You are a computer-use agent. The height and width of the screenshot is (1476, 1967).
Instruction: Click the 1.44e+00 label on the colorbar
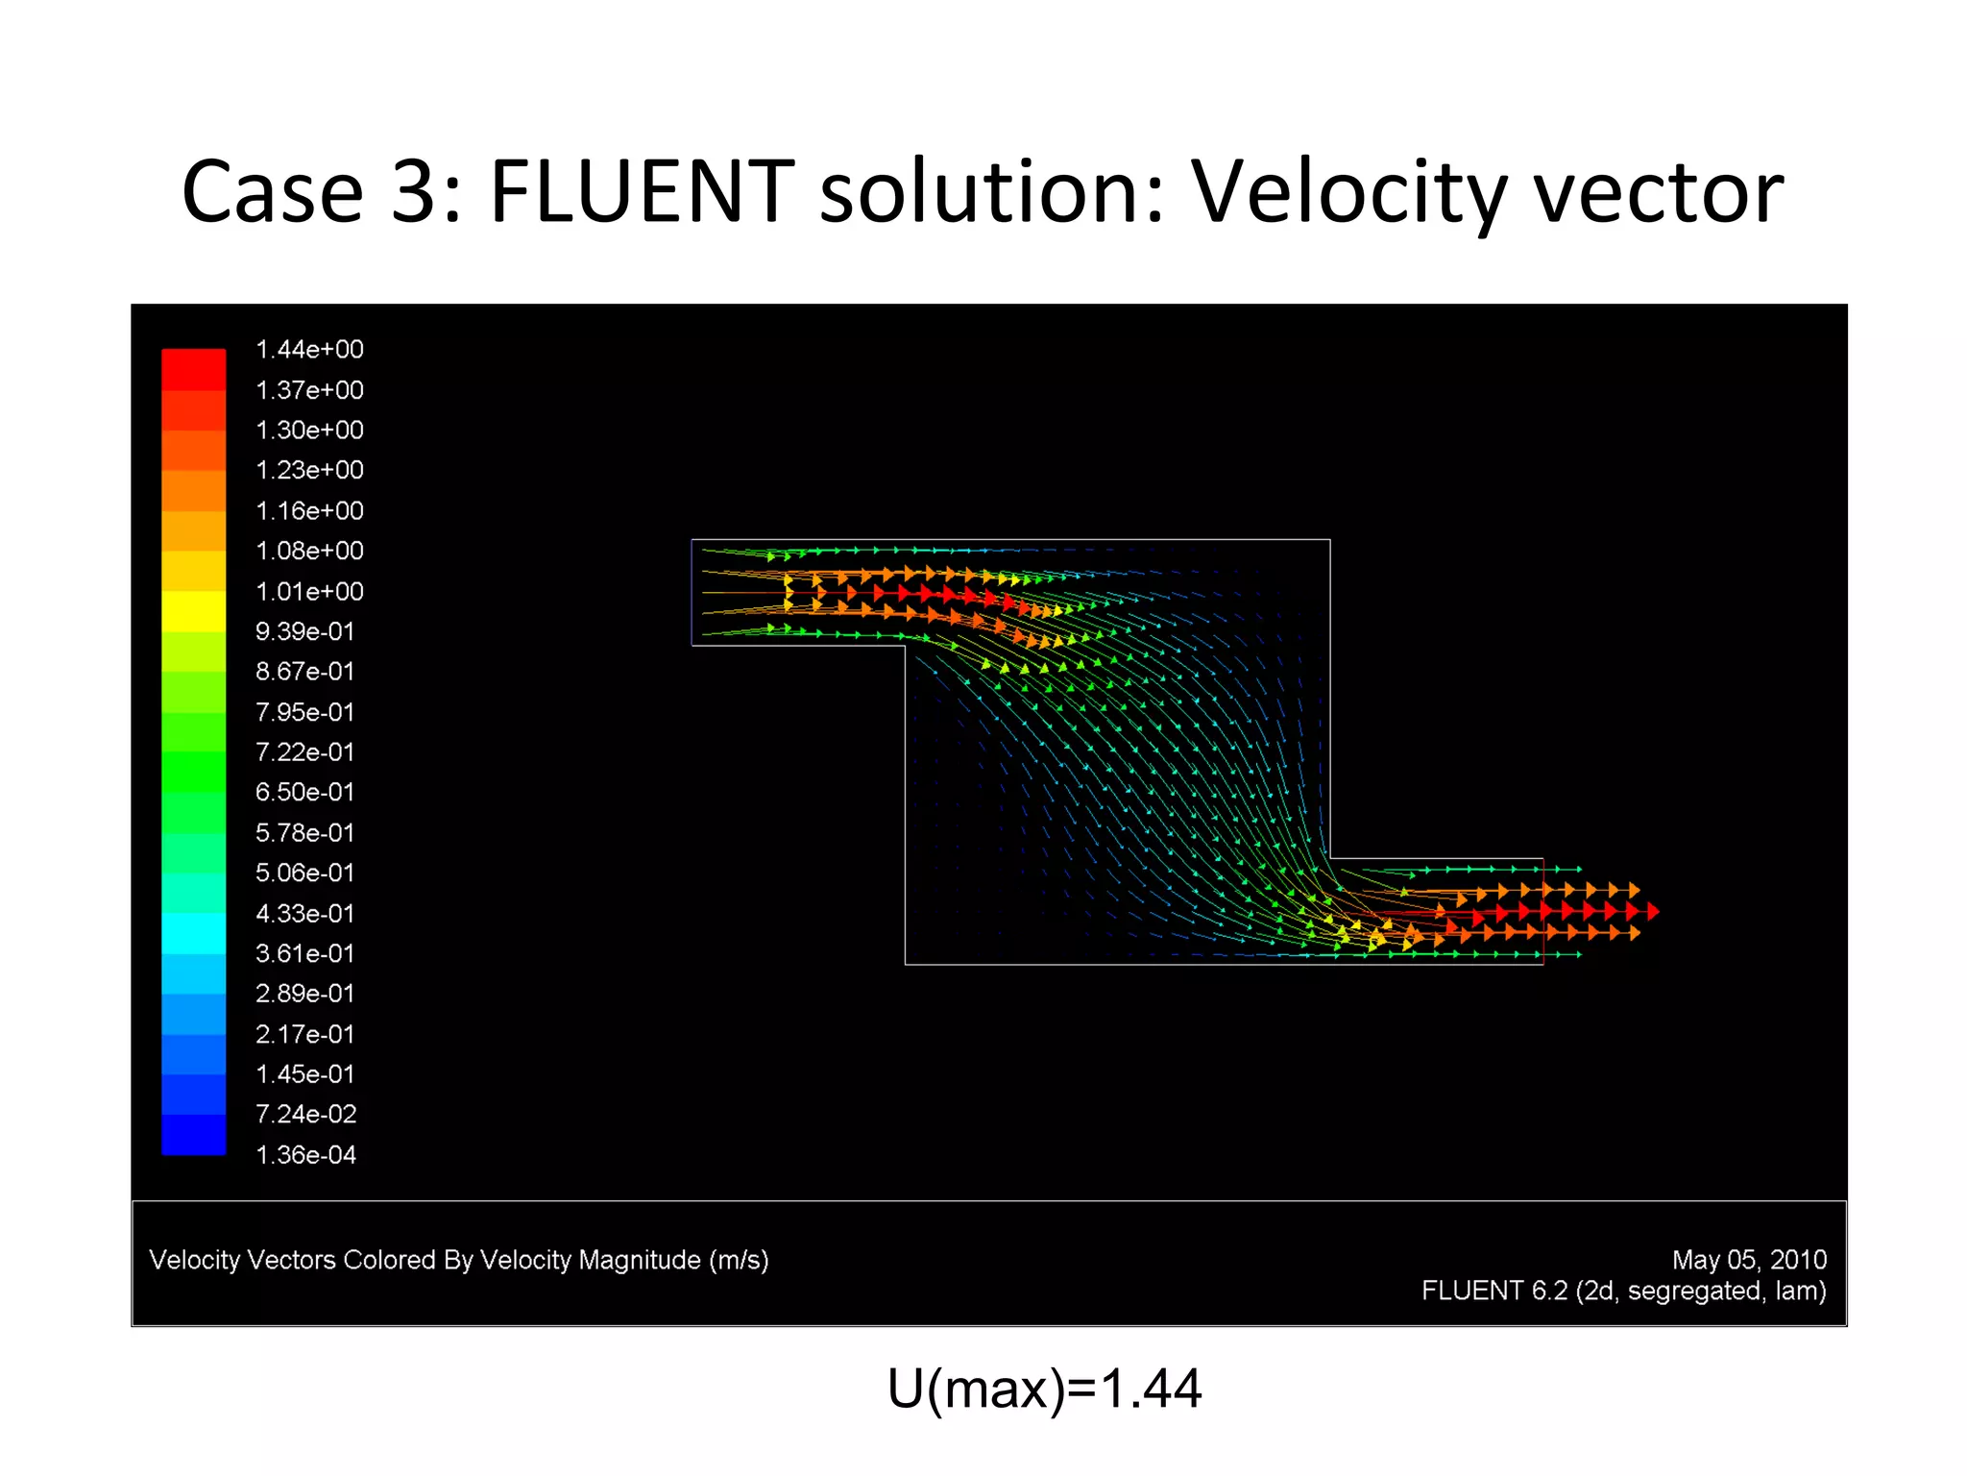pos(309,350)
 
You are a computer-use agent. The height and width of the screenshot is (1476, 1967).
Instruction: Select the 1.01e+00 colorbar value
pos(309,592)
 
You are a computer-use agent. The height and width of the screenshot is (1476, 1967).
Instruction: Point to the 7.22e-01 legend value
pos(304,752)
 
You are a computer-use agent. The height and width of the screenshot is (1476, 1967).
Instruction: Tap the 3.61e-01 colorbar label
pos(304,953)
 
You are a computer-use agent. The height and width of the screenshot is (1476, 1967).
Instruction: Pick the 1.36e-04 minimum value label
pos(305,1155)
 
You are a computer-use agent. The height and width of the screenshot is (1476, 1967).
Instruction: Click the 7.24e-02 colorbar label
pos(305,1115)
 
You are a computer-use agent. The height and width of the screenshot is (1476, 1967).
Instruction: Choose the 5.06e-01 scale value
pos(304,873)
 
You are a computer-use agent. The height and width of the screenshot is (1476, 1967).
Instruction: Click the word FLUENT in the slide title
pos(642,192)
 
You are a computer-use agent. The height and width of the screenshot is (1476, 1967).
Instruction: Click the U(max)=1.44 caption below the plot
pos(1044,1390)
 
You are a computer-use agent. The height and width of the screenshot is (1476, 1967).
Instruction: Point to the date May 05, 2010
pos(1749,1260)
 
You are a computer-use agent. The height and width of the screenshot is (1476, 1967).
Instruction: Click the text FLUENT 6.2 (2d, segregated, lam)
pos(1623,1291)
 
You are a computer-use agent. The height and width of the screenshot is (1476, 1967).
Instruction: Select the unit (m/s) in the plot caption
pos(739,1260)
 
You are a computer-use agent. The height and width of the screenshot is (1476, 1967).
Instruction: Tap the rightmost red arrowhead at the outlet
pos(1653,910)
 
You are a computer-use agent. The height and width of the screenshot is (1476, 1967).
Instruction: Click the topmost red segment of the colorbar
pos(193,369)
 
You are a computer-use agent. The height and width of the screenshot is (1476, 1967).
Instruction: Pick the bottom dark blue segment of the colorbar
pos(193,1135)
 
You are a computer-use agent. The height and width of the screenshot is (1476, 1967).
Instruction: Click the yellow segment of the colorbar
pos(193,611)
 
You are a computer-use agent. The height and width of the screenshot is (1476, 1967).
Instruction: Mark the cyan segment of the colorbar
pos(193,933)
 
